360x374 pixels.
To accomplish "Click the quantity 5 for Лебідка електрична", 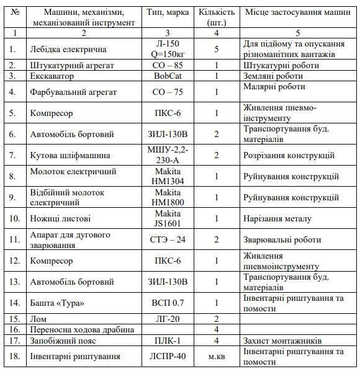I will (x=217, y=48).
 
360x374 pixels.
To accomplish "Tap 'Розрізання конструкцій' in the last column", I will (x=290, y=155).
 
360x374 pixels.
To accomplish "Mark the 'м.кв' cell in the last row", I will (x=217, y=356).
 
